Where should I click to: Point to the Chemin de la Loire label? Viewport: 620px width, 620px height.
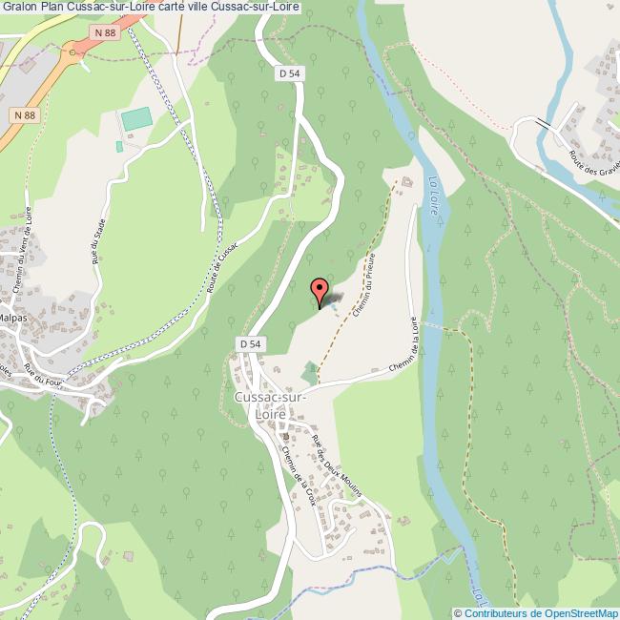[x=405, y=349]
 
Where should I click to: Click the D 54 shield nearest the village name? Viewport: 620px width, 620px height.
[x=250, y=343]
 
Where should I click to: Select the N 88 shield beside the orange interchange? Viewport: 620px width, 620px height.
[x=105, y=34]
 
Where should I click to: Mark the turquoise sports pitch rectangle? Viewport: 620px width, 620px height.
[x=136, y=120]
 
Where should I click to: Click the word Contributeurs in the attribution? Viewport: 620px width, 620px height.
[x=495, y=612]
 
